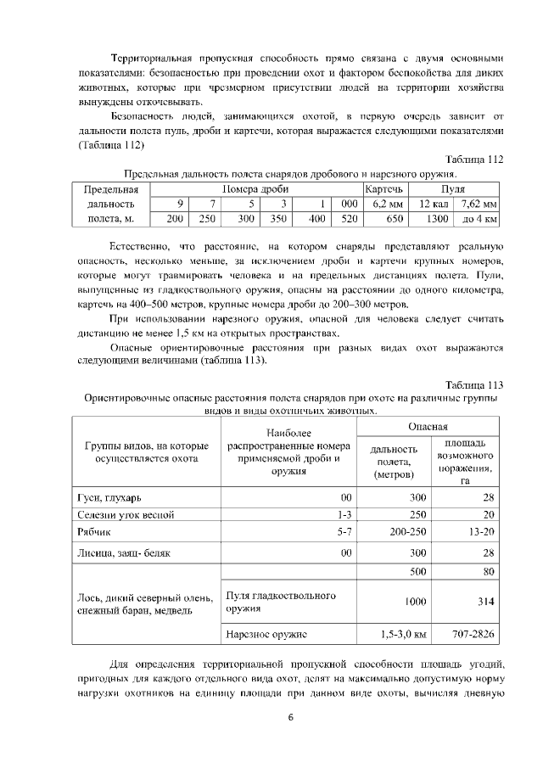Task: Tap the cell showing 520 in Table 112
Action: tap(349, 219)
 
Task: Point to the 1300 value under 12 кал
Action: tap(437, 219)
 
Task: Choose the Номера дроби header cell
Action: tap(255, 188)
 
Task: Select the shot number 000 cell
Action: tap(349, 204)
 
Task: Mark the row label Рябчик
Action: tap(95, 533)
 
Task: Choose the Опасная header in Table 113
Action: tap(428, 427)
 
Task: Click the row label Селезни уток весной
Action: tap(126, 515)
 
